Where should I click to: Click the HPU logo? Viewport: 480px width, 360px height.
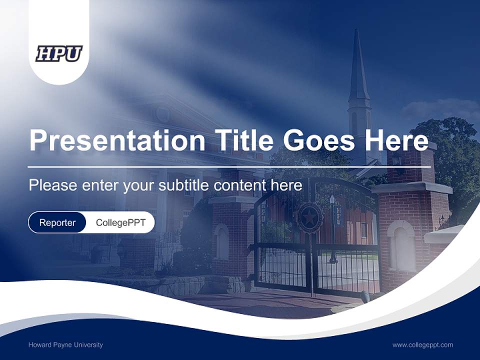tap(59, 53)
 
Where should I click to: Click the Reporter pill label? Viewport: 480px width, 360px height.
tap(57, 222)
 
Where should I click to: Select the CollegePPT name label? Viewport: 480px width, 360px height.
tap(120, 222)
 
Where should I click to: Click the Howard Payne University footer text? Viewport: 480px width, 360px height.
tap(65, 344)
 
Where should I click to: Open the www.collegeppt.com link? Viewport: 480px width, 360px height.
tap(422, 344)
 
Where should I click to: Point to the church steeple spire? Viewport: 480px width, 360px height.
tap(358, 65)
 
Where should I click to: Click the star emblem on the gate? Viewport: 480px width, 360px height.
tap(309, 217)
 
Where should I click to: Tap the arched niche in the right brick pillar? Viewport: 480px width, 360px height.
tap(400, 245)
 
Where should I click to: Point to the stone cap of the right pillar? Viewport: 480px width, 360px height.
tap(413, 187)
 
